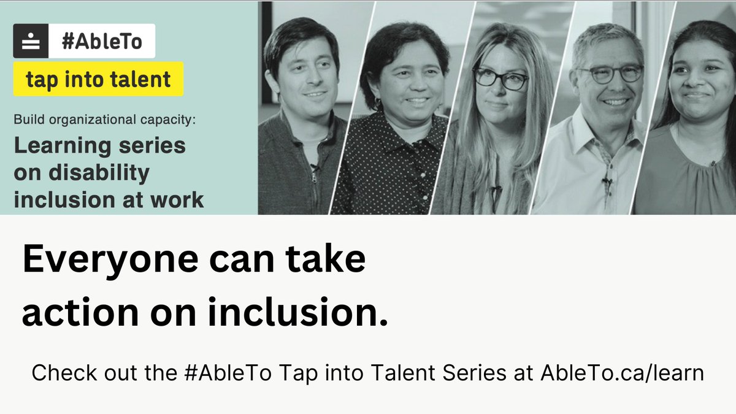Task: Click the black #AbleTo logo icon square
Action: [x=31, y=42]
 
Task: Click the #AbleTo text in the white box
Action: [x=101, y=42]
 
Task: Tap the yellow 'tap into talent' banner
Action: [x=98, y=79]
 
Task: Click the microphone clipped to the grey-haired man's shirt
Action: [x=606, y=182]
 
